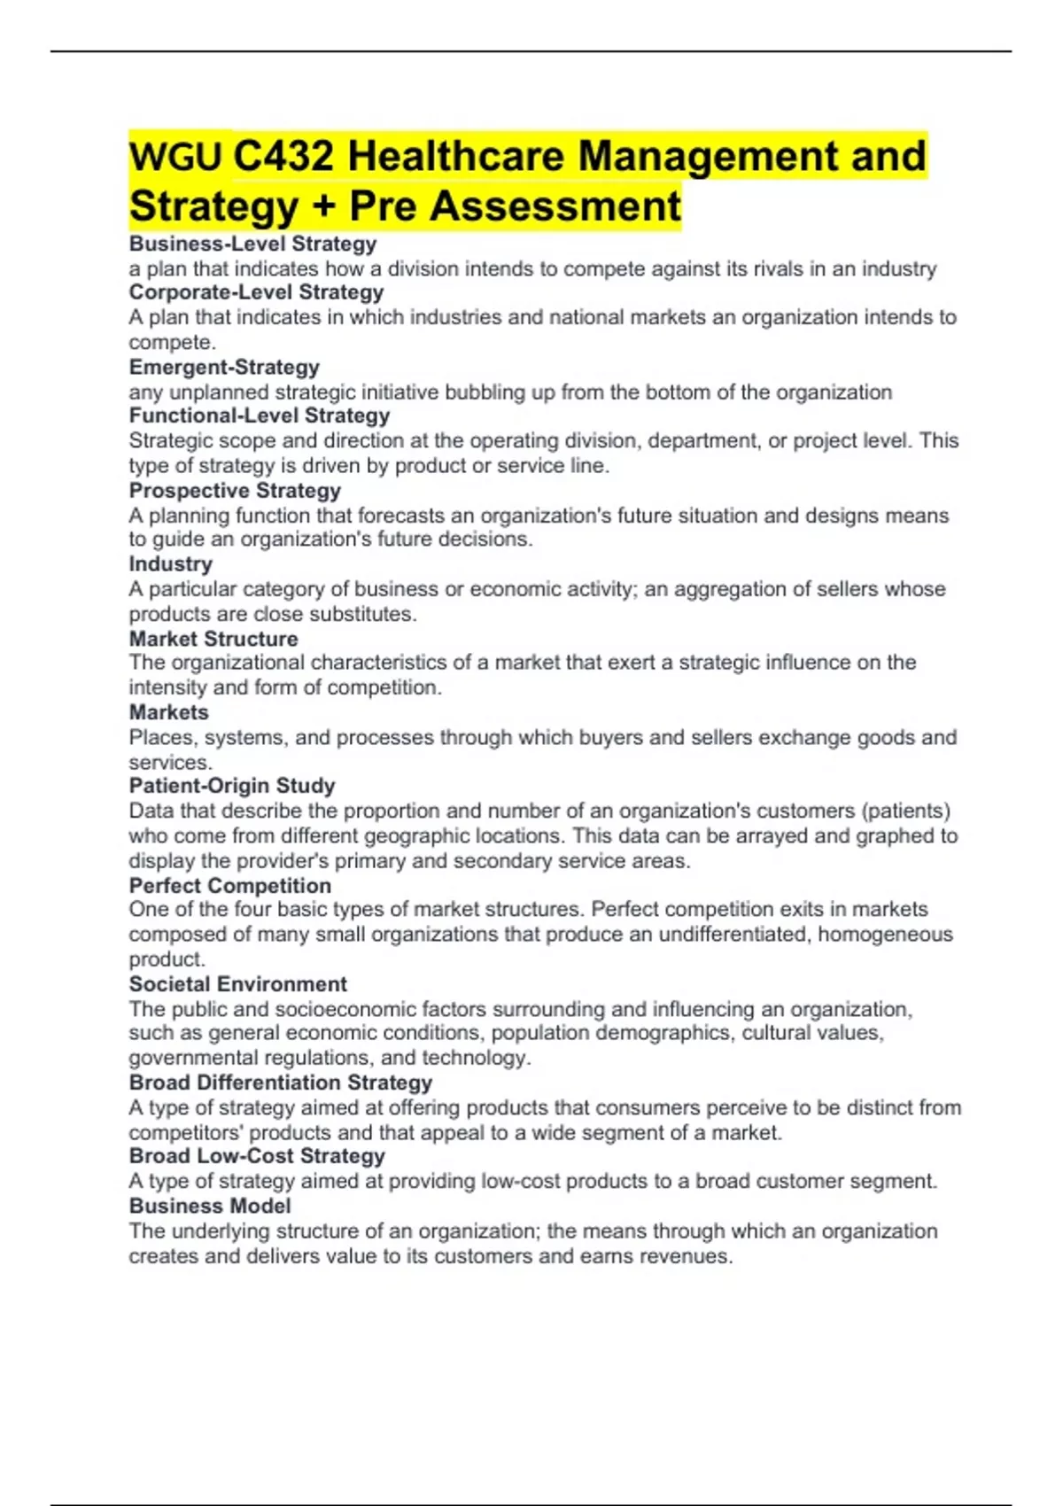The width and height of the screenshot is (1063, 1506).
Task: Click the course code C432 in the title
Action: coord(283,157)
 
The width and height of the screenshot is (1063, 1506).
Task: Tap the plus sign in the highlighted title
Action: coord(323,207)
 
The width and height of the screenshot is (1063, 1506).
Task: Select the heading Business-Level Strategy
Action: coord(252,244)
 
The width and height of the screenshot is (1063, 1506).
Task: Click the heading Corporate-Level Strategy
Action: coord(256,292)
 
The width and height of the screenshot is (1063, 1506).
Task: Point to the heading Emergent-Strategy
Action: coord(224,368)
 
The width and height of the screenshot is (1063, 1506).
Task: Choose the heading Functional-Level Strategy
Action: coord(259,415)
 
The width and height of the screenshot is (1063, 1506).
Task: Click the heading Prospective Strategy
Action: coord(235,491)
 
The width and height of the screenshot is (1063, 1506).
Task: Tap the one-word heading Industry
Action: coord(170,564)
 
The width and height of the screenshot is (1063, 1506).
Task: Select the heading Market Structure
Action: coord(213,639)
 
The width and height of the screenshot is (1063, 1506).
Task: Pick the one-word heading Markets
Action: coord(168,712)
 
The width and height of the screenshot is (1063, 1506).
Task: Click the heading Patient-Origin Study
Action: coord(232,786)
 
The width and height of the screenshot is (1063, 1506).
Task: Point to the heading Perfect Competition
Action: coord(229,886)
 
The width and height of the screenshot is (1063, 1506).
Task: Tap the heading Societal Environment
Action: coord(237,984)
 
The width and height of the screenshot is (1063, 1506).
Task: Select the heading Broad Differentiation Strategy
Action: coord(280,1083)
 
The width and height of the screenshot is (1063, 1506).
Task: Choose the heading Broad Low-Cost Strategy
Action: coord(257,1156)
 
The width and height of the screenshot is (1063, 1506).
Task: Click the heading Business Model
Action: coord(210,1206)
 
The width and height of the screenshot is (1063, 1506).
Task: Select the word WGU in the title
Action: coord(175,157)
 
